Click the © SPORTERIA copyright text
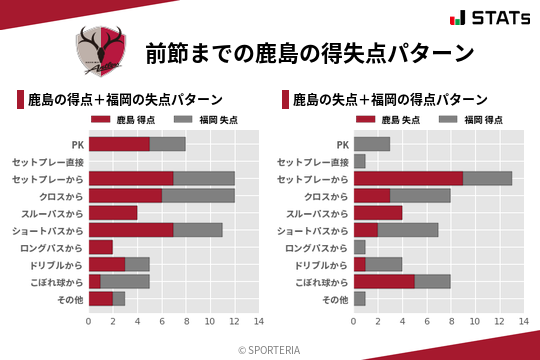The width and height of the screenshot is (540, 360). [x=270, y=349]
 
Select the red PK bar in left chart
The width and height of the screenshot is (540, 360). [x=119, y=143]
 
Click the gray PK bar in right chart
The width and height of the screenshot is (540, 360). [x=371, y=143]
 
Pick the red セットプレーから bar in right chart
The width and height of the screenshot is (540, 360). [x=408, y=178]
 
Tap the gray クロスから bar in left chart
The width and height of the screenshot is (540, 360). [x=198, y=195]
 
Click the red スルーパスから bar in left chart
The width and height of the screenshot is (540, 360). [x=113, y=213]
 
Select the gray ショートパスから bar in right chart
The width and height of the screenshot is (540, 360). [x=408, y=230]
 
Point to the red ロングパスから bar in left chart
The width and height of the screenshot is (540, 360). [x=101, y=247]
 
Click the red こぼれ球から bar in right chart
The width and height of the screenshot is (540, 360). [x=384, y=282]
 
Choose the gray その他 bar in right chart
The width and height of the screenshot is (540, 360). [x=359, y=299]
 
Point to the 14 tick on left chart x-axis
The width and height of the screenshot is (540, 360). [x=258, y=322]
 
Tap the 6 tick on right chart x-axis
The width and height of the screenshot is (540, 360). [x=426, y=322]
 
